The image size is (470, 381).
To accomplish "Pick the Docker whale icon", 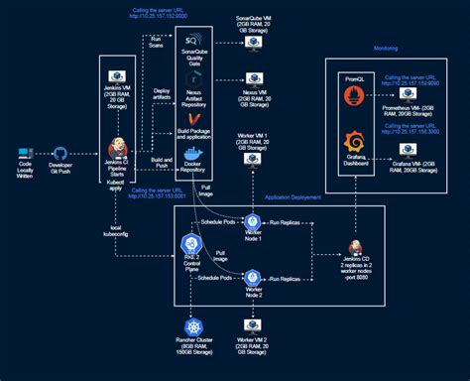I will [x=193, y=155].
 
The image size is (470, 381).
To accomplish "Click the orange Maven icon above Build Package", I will [x=193, y=120].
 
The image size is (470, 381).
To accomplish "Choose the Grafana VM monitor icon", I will [x=408, y=150].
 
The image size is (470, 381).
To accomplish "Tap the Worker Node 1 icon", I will [x=253, y=221].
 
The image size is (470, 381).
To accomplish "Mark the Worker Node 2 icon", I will [x=253, y=279].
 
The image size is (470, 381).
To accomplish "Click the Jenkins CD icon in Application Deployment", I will [x=354, y=247].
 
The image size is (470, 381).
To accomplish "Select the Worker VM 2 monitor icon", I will [x=252, y=325].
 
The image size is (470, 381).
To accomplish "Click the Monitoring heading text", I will [x=386, y=49].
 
